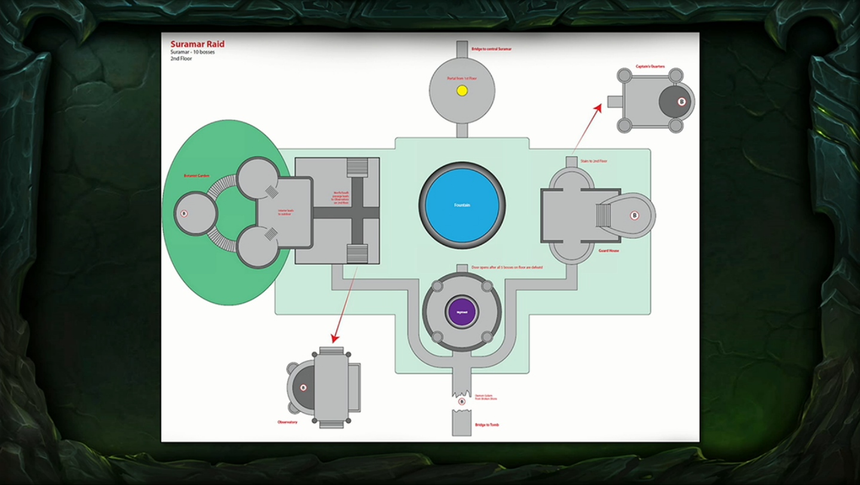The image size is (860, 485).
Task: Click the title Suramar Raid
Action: click(x=197, y=44)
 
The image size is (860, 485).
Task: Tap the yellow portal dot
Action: click(x=462, y=91)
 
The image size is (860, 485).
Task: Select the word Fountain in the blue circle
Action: click(x=462, y=205)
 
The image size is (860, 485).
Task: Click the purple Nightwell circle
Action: click(x=462, y=312)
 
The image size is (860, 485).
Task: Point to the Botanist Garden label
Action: click(x=197, y=176)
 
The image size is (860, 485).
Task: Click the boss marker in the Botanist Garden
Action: click(x=184, y=213)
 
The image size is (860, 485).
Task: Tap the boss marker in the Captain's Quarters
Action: click(x=682, y=102)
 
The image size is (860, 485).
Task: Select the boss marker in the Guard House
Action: click(x=635, y=215)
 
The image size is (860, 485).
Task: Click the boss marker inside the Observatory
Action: click(x=303, y=388)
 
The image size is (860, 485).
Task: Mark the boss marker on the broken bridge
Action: click(x=461, y=402)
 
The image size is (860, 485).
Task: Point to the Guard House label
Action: click(x=608, y=251)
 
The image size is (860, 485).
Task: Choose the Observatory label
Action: click(x=287, y=422)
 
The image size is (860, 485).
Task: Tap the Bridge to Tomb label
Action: click(x=486, y=425)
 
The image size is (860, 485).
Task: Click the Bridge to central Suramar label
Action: click(x=491, y=48)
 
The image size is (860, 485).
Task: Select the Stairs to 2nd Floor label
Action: click(x=594, y=161)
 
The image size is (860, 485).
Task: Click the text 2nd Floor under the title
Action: click(x=181, y=59)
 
